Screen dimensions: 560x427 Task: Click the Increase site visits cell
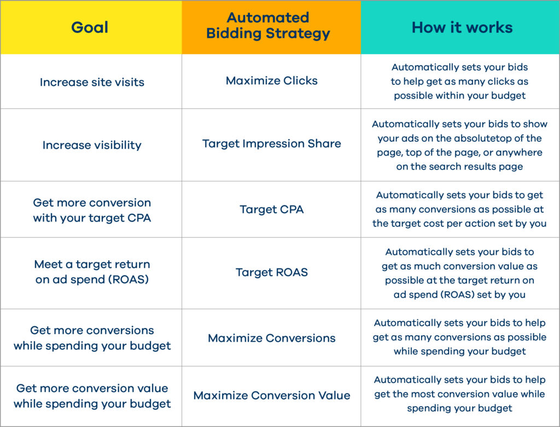[x=92, y=82]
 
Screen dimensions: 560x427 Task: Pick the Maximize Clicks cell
[x=271, y=81]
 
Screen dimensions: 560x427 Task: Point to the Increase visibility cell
[x=92, y=145]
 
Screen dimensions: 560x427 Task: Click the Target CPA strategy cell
[x=271, y=209]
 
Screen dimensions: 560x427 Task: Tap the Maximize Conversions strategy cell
[x=271, y=338]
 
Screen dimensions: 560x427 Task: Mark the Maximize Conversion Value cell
[x=271, y=395]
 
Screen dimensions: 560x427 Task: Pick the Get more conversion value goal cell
[x=92, y=396]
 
